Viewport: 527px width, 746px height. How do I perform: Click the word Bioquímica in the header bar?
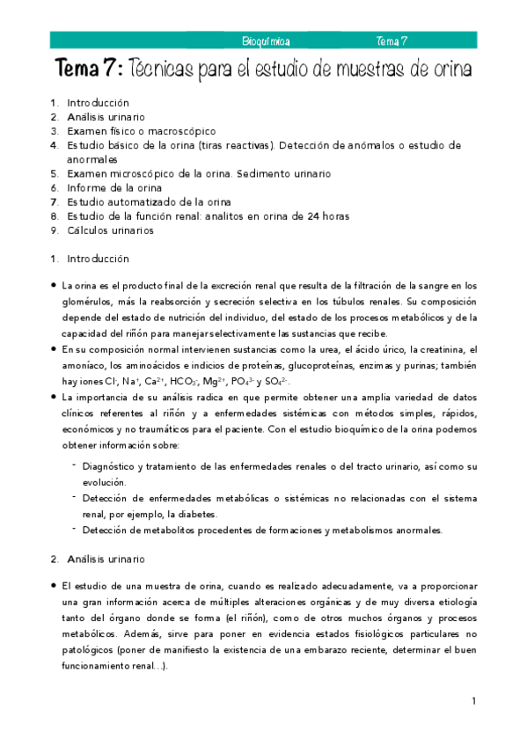(266, 40)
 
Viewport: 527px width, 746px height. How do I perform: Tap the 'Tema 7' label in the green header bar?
(391, 40)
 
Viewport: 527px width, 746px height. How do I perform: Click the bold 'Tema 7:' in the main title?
(90, 68)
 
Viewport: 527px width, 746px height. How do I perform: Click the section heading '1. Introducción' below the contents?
(90, 259)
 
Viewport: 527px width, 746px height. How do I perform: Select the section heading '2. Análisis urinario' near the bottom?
(98, 559)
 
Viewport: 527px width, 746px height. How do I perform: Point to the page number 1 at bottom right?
(473, 701)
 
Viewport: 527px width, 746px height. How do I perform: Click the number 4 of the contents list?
(54, 144)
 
